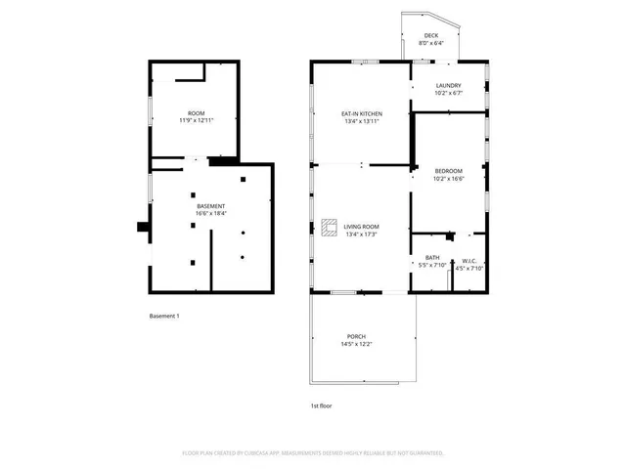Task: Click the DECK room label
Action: point(431,35)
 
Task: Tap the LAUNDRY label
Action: point(448,85)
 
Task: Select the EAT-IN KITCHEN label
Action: point(362,114)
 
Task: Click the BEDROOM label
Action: point(448,170)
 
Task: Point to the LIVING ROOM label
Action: point(362,226)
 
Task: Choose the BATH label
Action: point(431,257)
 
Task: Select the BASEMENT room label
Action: point(211,206)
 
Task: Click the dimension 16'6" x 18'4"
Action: point(211,214)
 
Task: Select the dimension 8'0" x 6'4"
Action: point(431,43)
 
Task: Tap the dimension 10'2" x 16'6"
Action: point(448,178)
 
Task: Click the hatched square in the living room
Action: point(328,227)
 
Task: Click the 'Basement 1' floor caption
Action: point(164,316)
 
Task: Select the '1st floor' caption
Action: point(321,405)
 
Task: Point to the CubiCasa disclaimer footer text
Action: point(313,453)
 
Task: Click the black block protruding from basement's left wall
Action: point(143,228)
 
